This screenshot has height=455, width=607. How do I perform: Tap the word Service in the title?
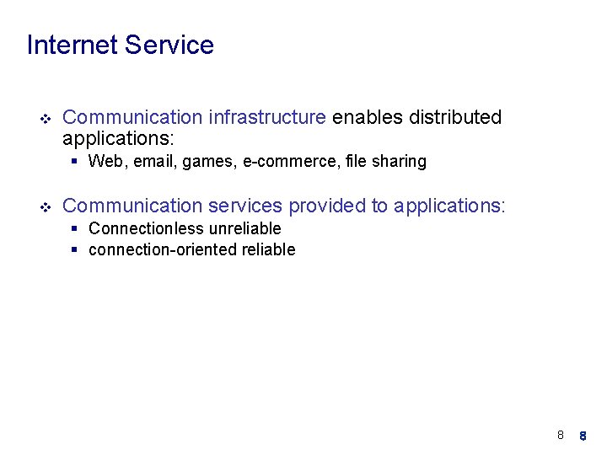169,45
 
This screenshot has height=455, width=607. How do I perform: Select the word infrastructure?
267,117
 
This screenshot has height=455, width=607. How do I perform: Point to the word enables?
368,117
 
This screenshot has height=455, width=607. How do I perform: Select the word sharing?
400,162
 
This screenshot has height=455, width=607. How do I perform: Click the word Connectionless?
146,229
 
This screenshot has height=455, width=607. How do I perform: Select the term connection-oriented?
160,250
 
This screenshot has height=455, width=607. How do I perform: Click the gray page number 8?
560,436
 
